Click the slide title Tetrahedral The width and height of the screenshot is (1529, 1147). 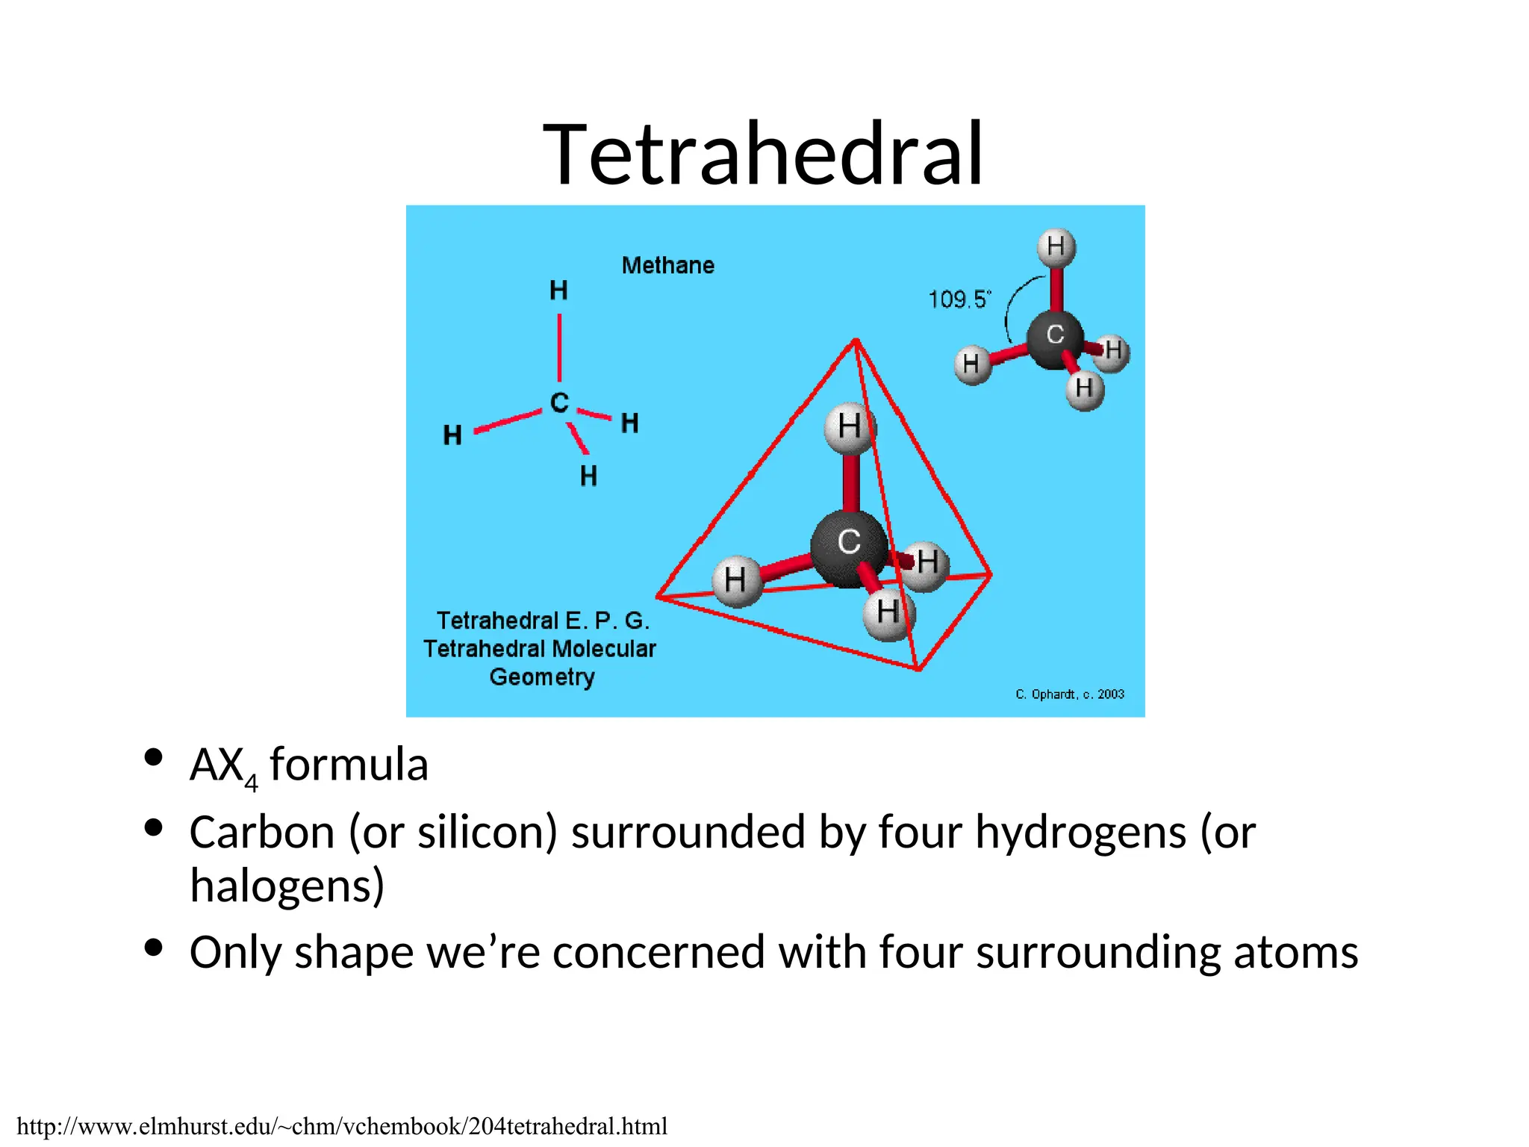[763, 155]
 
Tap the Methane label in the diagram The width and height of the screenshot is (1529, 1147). [667, 265]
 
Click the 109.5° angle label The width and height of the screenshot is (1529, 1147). [959, 299]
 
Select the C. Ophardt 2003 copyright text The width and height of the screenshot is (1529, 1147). [1069, 694]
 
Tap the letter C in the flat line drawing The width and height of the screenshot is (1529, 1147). [559, 402]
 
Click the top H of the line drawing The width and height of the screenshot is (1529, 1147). [558, 290]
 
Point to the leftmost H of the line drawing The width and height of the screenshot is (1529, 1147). [452, 435]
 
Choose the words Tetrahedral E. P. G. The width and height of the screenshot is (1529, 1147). [543, 621]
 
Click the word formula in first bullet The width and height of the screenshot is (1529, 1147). [349, 765]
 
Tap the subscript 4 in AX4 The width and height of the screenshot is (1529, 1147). [251, 783]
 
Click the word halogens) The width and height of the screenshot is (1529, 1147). [287, 886]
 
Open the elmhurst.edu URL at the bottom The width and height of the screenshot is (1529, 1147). [342, 1126]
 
